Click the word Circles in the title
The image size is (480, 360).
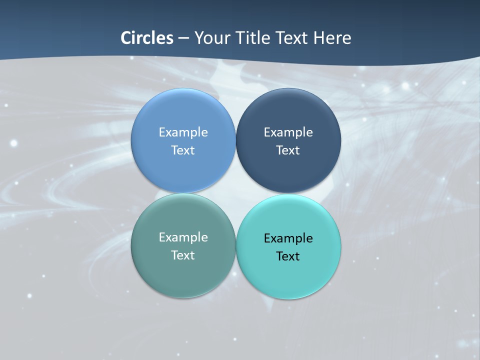pyautogui.click(x=147, y=38)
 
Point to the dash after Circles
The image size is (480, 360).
pyautogui.click(x=183, y=38)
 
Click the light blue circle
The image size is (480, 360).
pyautogui.click(x=183, y=120)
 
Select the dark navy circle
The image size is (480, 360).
pyautogui.click(x=288, y=120)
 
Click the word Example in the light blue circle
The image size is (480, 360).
pyautogui.click(x=183, y=132)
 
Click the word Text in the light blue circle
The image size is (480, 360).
pyautogui.click(x=183, y=150)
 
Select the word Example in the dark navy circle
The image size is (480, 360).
pyautogui.click(x=288, y=132)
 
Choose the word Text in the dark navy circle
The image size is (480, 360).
pyautogui.click(x=288, y=150)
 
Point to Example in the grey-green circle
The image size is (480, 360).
pyautogui.click(x=183, y=237)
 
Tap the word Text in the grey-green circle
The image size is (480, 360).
pyautogui.click(x=183, y=255)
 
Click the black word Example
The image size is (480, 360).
pyautogui.click(x=288, y=238)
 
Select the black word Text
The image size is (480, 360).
pyautogui.click(x=288, y=256)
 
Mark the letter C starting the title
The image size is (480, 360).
pyautogui.click(x=126, y=38)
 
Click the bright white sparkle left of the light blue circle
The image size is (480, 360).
pyautogui.click(x=13, y=143)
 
